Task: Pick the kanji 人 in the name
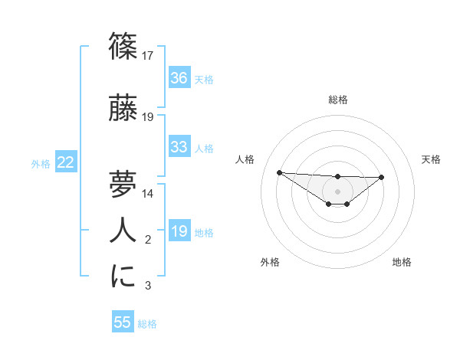tap(123, 230)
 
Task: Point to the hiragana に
tap(123, 276)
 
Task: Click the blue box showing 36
tap(179, 78)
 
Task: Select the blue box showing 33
tap(179, 147)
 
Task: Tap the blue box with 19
tap(179, 231)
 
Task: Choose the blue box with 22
tap(65, 162)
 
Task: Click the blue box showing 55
tap(123, 322)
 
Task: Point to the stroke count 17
tap(149, 55)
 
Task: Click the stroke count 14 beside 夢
tap(149, 194)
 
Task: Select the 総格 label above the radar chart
tap(337, 100)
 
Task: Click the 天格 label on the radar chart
tap(432, 159)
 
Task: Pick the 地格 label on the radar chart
tap(402, 262)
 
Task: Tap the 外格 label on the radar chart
tap(270, 262)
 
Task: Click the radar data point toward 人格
tap(279, 172)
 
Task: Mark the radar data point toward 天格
tap(382, 177)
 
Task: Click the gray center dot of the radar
tap(337, 191)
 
